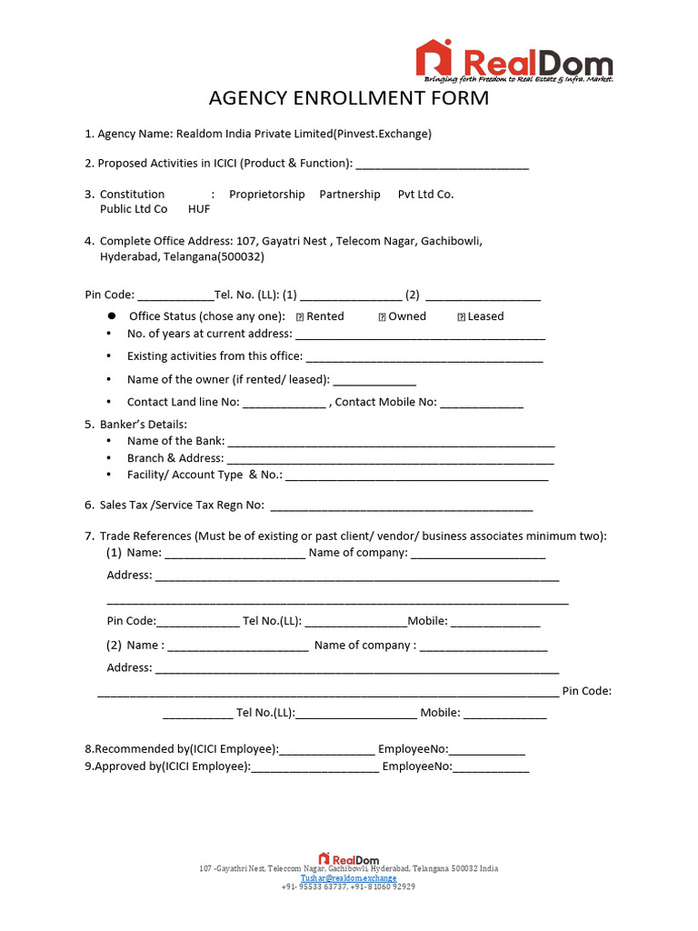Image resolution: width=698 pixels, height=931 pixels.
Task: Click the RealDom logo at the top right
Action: click(514, 62)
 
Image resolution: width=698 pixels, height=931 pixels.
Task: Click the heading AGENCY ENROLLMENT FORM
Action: click(349, 98)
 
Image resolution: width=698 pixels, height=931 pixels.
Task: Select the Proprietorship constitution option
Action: click(267, 195)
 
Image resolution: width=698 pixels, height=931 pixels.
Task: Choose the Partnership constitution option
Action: click(350, 195)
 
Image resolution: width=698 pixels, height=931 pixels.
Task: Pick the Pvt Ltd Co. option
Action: click(425, 195)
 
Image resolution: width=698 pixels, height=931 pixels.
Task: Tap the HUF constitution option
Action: click(199, 209)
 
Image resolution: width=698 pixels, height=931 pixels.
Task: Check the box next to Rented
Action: click(300, 317)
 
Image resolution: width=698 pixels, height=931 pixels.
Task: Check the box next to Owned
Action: click(382, 317)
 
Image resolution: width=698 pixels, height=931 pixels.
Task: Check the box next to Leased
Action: click(461, 317)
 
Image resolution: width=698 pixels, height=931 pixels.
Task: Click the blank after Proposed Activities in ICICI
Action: click(442, 165)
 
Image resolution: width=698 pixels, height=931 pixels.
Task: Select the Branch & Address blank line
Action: click(390, 460)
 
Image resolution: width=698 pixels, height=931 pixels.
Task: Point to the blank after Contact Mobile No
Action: click(482, 404)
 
